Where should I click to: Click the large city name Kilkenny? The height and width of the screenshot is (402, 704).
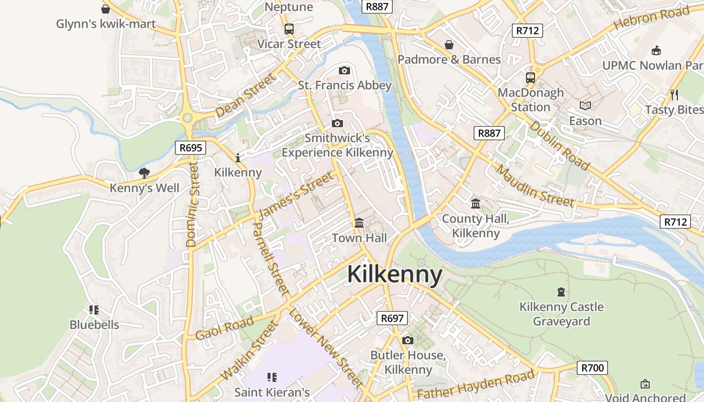tap(395, 275)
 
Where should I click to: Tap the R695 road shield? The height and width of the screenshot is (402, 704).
tap(191, 148)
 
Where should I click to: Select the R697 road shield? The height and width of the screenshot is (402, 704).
tap(392, 318)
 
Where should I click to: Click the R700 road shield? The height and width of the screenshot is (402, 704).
tap(592, 368)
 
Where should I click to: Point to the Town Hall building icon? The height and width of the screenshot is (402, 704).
tap(360, 223)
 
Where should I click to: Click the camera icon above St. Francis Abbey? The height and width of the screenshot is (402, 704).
tap(344, 70)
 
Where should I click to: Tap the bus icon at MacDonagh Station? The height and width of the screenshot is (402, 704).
tap(531, 77)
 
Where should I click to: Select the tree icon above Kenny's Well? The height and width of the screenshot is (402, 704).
tap(144, 173)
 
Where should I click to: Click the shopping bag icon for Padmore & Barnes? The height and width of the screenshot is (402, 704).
tap(449, 45)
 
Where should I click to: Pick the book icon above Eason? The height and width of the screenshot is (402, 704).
tap(585, 106)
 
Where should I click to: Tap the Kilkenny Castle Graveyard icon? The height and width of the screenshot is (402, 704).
tap(561, 292)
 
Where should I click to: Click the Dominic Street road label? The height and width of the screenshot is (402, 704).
tap(192, 204)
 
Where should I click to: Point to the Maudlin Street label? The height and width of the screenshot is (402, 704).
tap(535, 186)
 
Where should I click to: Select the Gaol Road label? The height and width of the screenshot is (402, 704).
tap(224, 328)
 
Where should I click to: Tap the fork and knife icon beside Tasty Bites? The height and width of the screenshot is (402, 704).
tap(674, 94)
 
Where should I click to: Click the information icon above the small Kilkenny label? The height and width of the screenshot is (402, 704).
tap(238, 158)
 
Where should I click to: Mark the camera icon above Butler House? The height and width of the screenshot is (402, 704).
tap(408, 341)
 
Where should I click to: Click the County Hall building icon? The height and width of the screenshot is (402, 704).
tap(476, 204)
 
